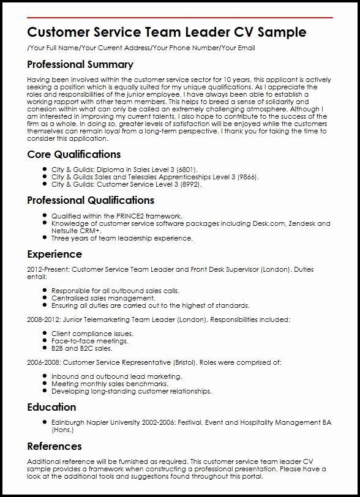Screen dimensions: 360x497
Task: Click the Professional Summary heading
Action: [80, 64]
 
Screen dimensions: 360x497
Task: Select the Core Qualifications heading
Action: [74, 154]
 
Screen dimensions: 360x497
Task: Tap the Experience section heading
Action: [54, 254]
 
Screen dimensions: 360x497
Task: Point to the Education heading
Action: [51, 407]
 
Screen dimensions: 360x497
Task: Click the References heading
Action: [54, 446]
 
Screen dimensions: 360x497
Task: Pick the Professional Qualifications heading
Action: [91, 200]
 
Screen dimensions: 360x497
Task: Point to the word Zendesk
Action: [302, 223]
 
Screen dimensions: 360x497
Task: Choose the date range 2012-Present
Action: [47, 269]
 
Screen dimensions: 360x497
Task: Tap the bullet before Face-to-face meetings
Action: [45, 340]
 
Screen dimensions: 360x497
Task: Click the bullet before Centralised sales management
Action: [45, 297]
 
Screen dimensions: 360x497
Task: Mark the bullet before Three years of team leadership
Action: [45, 238]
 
